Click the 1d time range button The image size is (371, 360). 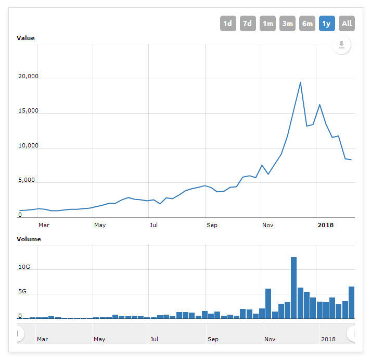coord(228,23)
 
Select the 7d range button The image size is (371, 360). coord(248,23)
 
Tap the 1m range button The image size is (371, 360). coord(267,23)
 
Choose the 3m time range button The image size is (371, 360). coord(287,23)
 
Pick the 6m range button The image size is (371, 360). coord(307,23)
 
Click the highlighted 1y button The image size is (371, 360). coord(327,23)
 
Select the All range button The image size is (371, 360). coord(347,23)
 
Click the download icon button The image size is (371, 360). coord(341,45)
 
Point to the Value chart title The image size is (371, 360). coord(25,38)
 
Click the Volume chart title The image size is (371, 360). coord(29,239)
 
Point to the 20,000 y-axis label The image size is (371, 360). coord(28,76)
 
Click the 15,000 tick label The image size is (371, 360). coord(28,110)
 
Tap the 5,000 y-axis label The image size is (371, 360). coord(27,180)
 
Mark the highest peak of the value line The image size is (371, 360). coord(300,82)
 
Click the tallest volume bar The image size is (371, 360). coord(293,288)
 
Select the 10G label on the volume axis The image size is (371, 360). coord(24,267)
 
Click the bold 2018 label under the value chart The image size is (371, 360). coord(326,225)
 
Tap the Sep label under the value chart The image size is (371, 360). coord(212,225)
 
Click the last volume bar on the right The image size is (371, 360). coord(351,303)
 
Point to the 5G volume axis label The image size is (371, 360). coord(22,291)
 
